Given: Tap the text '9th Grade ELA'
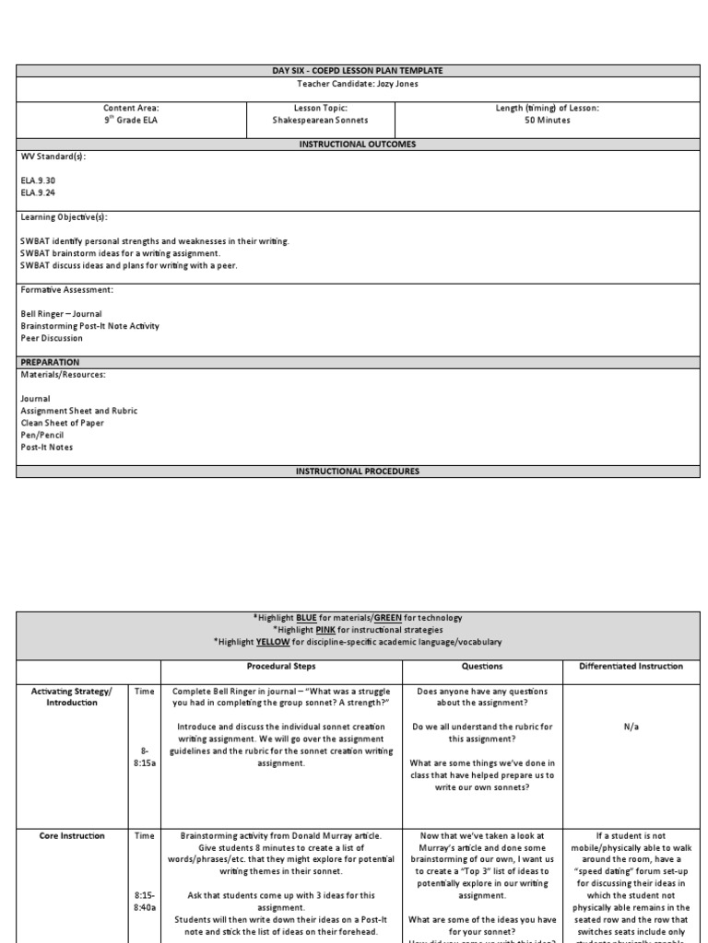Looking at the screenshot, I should tap(131, 121).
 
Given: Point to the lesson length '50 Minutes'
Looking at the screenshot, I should tap(547, 121).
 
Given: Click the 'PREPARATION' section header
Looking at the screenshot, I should tap(50, 362).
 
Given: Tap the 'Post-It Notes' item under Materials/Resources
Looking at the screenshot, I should tap(47, 448).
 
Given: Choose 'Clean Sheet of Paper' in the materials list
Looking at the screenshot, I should tap(63, 424).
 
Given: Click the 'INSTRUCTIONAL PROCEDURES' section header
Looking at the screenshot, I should tap(357, 471).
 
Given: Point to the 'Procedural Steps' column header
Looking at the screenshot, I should tap(281, 666).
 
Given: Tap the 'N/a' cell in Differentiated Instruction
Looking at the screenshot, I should tap(631, 727).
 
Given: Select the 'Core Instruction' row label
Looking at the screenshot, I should tap(73, 836).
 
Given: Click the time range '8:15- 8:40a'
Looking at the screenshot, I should tap(145, 901).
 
